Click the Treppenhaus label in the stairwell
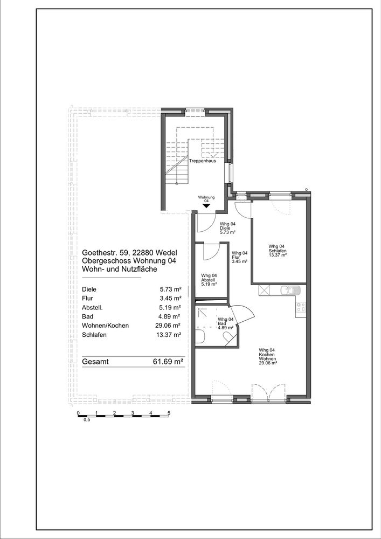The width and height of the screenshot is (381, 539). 203,161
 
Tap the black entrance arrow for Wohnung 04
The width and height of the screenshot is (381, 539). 206,205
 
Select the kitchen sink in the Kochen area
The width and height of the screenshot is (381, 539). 290,291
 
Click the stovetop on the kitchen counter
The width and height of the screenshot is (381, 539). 301,307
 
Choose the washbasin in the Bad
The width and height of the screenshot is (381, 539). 200,336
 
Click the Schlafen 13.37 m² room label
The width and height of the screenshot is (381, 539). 278,251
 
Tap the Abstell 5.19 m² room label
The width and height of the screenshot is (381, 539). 209,280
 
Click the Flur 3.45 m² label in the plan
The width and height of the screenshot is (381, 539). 240,257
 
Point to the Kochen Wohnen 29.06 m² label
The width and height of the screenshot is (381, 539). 268,356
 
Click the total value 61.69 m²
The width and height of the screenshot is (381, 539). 168,362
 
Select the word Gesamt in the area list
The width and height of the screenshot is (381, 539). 95,362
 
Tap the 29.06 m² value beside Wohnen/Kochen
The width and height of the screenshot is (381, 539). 168,326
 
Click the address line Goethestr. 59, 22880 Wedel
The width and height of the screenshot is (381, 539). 130,252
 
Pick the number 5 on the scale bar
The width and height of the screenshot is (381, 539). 169,413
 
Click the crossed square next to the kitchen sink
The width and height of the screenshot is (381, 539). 265,291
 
